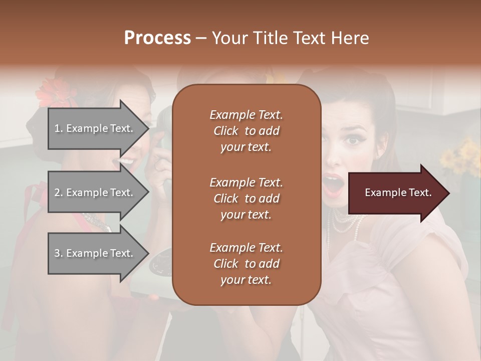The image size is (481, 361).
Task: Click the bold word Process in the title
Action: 157,38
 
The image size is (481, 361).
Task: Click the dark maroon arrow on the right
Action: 396,193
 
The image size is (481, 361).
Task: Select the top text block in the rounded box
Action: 247,131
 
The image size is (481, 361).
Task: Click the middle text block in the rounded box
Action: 247,198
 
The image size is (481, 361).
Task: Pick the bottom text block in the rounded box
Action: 247,264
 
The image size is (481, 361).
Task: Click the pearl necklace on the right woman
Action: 346,223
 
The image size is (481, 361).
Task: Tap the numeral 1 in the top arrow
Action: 57,128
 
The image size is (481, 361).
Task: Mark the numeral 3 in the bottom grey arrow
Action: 57,253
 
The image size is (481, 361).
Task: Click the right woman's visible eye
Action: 354,140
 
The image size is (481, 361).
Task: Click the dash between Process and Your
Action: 201,39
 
